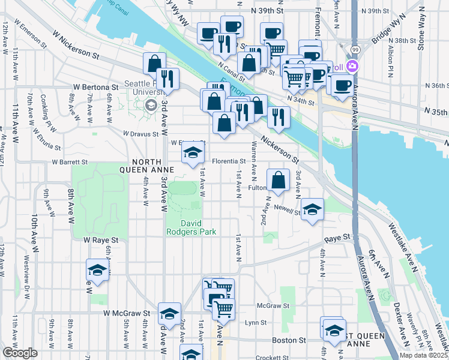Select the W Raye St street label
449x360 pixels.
click(x=101, y=239)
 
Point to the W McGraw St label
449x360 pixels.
click(x=126, y=313)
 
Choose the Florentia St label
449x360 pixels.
click(x=229, y=161)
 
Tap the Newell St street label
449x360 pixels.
click(x=289, y=211)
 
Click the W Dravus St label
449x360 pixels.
click(x=140, y=134)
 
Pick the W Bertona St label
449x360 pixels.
click(x=98, y=88)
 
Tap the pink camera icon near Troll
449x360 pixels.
click(x=352, y=67)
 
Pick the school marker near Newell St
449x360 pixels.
click(x=312, y=210)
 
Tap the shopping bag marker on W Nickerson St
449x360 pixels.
click(x=154, y=63)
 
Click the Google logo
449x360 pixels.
click(x=20, y=353)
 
